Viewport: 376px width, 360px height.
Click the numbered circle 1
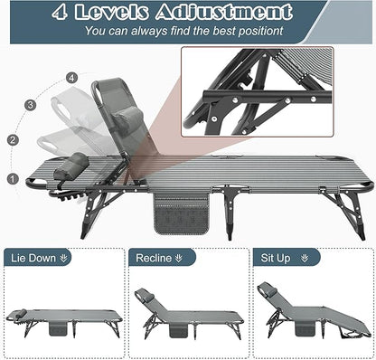13,179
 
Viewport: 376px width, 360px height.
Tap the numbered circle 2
13,140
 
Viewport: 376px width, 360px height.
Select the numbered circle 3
30,105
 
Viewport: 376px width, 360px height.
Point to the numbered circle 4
71,79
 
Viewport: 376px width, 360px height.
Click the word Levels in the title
111,12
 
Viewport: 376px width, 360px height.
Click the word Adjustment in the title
224,12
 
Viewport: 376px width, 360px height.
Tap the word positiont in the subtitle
260,31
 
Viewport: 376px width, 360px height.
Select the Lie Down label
33,258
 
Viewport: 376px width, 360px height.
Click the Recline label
154,258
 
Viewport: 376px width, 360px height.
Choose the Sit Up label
276,258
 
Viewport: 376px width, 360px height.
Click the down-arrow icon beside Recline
179,258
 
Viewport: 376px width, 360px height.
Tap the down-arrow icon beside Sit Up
305,258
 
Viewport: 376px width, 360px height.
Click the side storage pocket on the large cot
182,213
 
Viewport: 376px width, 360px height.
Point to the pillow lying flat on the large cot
71,166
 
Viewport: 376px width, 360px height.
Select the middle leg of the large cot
230,211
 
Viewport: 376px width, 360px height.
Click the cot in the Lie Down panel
64,323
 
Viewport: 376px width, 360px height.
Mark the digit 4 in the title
60,13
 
